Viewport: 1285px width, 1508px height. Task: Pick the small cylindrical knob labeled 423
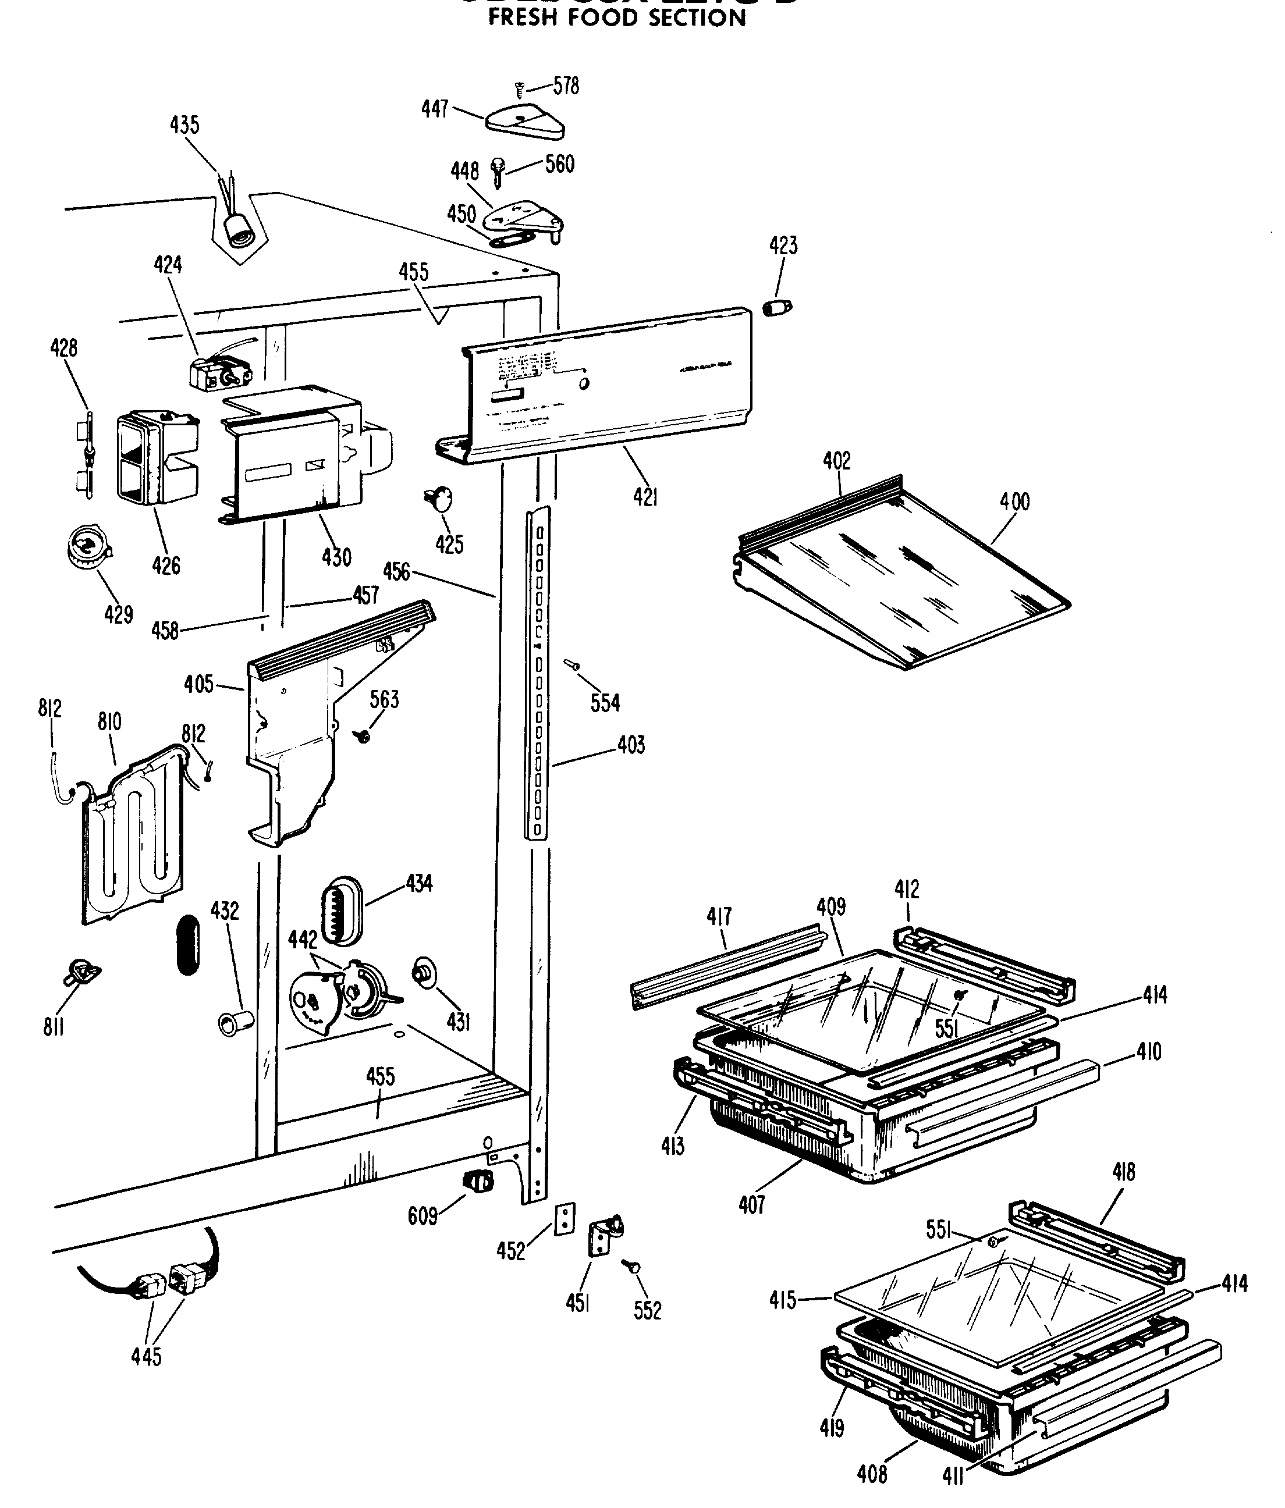pos(776,307)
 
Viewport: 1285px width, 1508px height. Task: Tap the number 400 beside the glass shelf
pos(1014,501)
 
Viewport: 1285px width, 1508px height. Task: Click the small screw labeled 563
pos(361,736)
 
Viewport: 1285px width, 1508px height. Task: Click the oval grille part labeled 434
pos(340,911)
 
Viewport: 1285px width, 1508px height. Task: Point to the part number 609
pos(423,1215)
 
